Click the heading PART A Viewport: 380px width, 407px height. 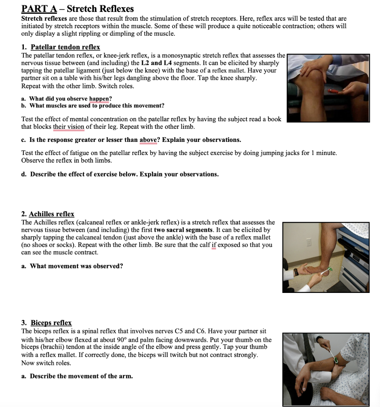39,9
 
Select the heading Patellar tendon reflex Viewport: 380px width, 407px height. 65,47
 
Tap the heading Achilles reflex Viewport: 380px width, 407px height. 51,214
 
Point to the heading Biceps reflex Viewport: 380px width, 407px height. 51,323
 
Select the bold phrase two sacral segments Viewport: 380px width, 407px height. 183,230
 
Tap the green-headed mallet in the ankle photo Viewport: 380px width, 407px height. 326,271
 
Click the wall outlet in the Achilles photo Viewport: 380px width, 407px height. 309,242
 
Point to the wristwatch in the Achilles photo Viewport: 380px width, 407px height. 296,272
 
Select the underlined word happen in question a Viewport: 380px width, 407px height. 99,99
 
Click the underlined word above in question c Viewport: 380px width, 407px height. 148,140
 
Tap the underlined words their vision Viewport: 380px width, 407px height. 68,127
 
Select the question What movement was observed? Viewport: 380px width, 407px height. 76,266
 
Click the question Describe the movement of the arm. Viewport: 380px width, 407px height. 81,376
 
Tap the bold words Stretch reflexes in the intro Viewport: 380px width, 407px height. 44,18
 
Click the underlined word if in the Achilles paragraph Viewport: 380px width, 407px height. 214,245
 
